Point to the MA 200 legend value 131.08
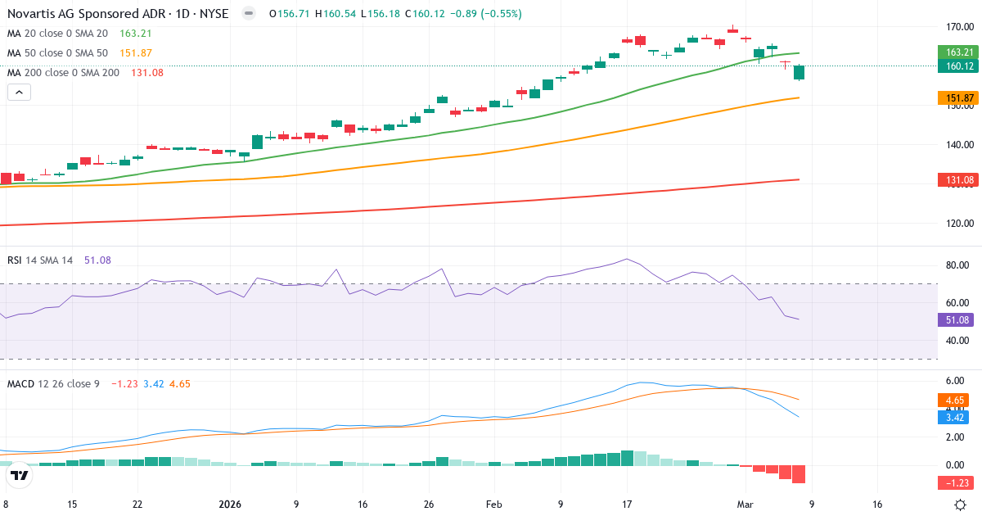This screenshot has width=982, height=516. coord(147,73)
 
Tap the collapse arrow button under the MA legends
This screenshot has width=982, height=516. coord(19,93)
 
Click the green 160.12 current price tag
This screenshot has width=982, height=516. coord(954,66)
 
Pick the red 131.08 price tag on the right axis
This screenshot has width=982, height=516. coord(954,179)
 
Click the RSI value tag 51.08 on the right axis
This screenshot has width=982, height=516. coord(954,320)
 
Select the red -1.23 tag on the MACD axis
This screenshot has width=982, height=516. coord(954,482)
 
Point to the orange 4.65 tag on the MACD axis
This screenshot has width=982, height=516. coord(954,400)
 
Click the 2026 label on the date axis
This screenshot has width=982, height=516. coord(231,505)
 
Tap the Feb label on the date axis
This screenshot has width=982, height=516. coord(494,505)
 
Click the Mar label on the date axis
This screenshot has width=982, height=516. coord(746,505)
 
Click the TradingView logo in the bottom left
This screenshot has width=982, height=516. coord(20,475)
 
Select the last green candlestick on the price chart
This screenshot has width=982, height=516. coord(799,72)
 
